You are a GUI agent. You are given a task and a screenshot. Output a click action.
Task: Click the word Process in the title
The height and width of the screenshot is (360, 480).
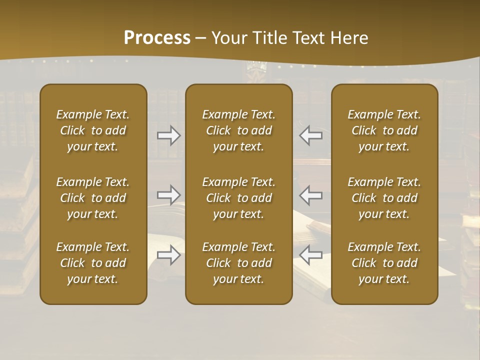pos(157,38)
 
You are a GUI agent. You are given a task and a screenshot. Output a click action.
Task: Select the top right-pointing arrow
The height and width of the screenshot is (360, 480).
pos(169,135)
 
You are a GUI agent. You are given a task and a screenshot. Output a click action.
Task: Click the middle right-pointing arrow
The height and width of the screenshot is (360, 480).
pos(169,194)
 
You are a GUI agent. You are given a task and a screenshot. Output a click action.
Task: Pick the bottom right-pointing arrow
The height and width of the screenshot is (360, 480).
pos(169,255)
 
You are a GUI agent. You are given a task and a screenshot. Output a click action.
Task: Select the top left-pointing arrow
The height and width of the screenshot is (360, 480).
pos(310,135)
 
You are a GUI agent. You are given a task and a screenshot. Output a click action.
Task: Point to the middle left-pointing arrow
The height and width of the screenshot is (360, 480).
pos(310,194)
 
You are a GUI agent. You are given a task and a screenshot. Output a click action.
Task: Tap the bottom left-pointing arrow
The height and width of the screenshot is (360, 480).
pos(310,255)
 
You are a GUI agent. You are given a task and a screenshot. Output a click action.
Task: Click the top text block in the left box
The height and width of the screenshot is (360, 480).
pos(93,130)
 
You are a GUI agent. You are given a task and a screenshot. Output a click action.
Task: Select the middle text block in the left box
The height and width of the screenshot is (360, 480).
pos(93,198)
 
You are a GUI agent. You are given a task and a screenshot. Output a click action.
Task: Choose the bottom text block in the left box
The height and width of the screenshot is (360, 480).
pos(93,263)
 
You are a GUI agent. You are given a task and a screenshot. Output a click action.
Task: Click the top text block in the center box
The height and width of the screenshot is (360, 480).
pos(238,130)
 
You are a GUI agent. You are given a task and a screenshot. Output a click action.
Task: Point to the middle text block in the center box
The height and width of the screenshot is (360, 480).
pos(238,198)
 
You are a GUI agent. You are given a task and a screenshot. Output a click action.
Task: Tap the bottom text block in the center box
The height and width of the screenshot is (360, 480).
pos(238,263)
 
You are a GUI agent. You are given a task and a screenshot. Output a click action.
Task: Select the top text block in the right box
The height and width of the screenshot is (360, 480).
pos(384,130)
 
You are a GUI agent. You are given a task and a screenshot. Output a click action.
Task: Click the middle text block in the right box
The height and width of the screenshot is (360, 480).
pos(384,198)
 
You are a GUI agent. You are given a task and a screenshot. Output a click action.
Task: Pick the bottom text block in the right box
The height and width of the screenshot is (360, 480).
pos(384,263)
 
